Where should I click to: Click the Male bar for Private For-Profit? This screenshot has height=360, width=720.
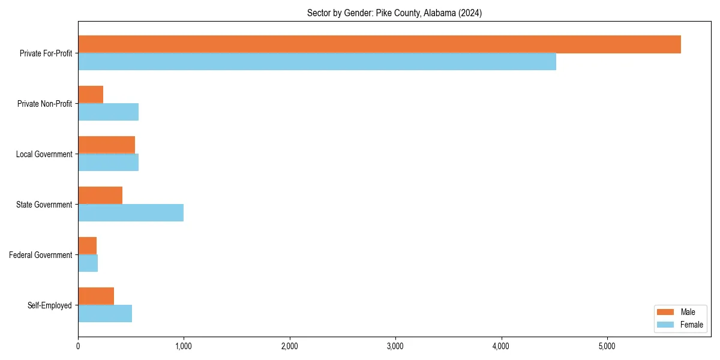[x=379, y=44]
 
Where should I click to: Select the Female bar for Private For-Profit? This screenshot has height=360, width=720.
[x=317, y=62]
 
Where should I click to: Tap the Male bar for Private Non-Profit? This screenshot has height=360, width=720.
[x=91, y=95]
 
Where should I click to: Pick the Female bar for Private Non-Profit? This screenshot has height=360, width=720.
[x=108, y=112]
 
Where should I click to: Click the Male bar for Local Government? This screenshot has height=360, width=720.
[x=106, y=145]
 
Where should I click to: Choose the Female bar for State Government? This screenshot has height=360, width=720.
[x=131, y=213]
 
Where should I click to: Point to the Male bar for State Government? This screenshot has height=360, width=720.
[x=100, y=196]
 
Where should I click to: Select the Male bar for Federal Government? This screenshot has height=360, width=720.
[x=88, y=246]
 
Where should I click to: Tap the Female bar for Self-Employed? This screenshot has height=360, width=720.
[x=105, y=314]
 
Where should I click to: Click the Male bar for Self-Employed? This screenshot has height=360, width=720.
[x=96, y=296]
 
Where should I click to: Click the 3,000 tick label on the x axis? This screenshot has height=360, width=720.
[x=395, y=346]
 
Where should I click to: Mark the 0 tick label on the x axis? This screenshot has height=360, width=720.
[x=78, y=346]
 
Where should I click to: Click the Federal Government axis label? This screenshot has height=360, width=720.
[x=41, y=255]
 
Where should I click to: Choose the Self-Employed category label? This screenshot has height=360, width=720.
[x=50, y=305]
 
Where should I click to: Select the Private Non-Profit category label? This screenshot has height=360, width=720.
[x=45, y=104]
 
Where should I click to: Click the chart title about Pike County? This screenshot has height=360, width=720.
[x=394, y=13]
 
